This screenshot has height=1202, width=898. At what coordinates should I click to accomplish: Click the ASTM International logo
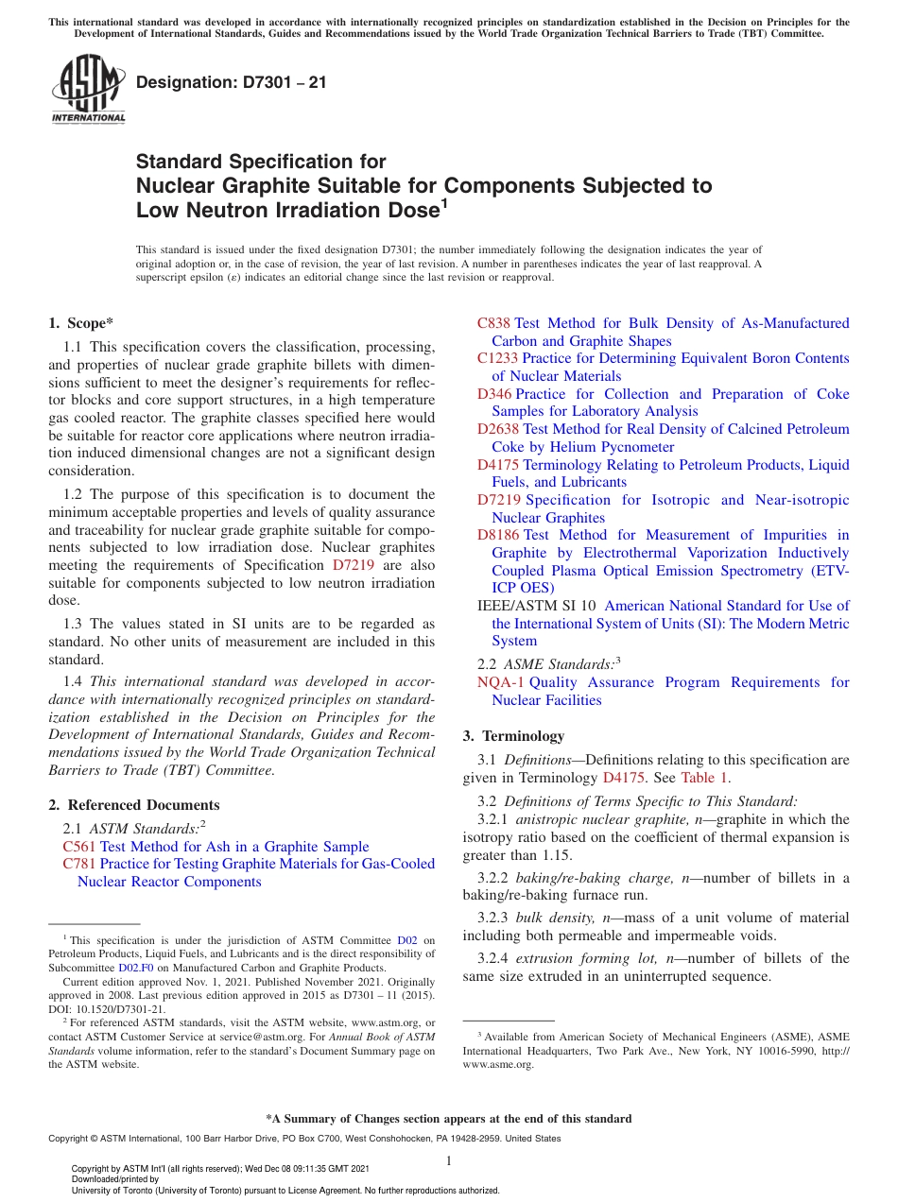tap(87, 89)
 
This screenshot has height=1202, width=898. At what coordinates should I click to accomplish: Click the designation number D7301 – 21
tap(232, 82)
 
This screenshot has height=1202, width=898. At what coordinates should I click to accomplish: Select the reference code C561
tap(79, 847)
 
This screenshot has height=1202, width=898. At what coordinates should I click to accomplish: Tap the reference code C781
tap(79, 864)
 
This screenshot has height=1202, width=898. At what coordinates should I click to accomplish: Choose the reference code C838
tap(493, 323)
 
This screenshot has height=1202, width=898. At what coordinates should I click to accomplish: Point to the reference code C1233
tap(497, 358)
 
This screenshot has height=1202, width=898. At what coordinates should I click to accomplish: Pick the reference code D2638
tap(498, 429)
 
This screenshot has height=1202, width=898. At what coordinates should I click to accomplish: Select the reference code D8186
tap(498, 535)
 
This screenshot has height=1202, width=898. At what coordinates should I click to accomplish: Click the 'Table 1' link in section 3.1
tap(704, 779)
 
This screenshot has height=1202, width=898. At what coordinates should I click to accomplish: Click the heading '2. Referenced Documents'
tap(133, 805)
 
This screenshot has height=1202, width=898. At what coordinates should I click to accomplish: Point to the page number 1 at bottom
tap(449, 1160)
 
